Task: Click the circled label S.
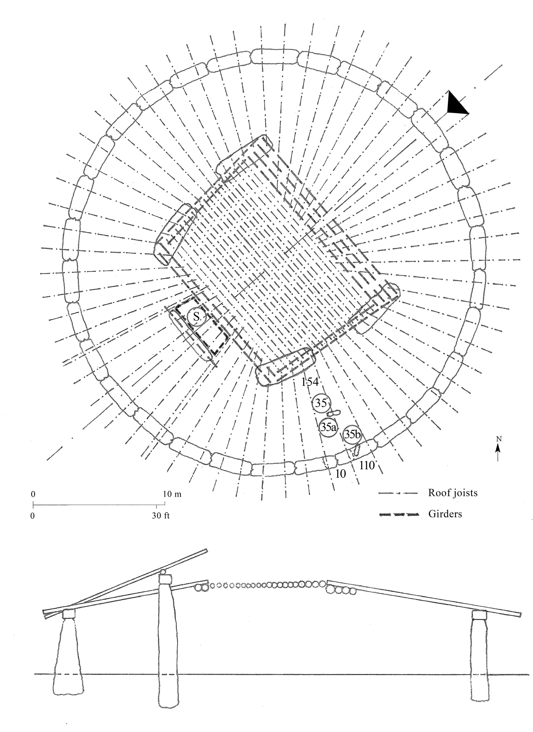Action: click(x=196, y=316)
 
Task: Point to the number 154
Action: click(x=310, y=382)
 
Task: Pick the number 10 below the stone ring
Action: click(x=340, y=474)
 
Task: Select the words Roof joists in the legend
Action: click(x=453, y=493)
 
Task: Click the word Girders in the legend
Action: click(x=445, y=514)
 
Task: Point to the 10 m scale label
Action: click(x=172, y=494)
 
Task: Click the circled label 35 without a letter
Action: click(x=321, y=404)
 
